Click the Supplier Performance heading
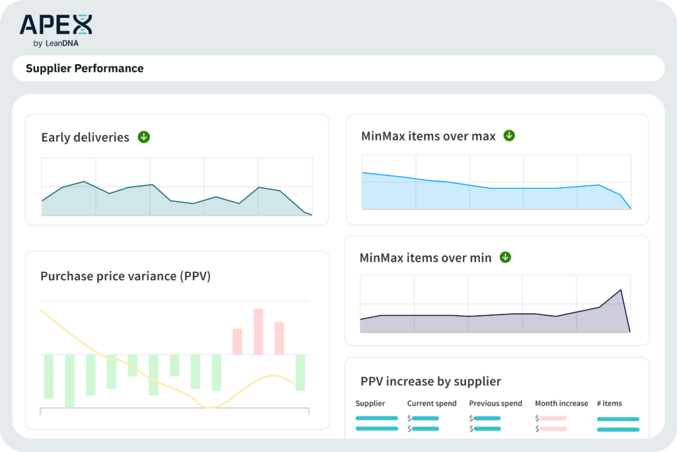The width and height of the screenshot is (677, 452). coord(85,68)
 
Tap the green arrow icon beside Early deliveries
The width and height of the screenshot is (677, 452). coord(143,137)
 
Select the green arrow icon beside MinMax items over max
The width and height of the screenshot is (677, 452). coord(509,136)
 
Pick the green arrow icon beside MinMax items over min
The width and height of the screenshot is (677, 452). coord(505,257)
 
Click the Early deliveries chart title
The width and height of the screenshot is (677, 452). coord(85,138)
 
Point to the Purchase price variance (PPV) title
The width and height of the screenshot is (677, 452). coord(126,277)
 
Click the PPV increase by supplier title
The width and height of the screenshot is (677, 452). coord(430,381)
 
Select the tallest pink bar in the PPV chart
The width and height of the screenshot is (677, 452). coord(258,332)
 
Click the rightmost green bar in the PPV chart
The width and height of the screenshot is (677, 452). coord(300,372)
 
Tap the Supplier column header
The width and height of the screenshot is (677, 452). coord(370,403)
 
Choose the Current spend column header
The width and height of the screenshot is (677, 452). coord(432,403)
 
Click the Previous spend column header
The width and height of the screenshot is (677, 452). coord(495,403)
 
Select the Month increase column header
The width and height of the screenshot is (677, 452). coord(561,403)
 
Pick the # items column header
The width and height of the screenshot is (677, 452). coord(610,403)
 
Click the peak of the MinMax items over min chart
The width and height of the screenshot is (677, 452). coord(621,290)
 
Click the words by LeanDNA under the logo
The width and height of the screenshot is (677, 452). coord(56,44)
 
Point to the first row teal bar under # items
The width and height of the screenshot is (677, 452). coord(617,419)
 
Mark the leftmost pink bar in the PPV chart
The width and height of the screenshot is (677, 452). coord(237,341)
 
